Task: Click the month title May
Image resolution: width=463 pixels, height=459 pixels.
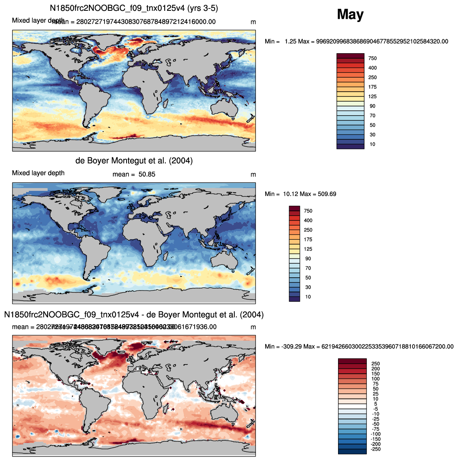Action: click(x=350, y=14)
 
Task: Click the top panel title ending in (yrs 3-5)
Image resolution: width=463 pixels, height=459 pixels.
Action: click(x=134, y=8)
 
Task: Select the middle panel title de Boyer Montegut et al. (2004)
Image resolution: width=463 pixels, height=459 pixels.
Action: click(x=134, y=161)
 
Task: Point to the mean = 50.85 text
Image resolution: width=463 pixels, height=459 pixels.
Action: click(x=134, y=174)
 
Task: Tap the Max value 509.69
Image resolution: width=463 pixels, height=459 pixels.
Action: click(x=327, y=194)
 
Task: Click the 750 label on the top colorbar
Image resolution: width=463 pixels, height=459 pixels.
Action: click(x=372, y=58)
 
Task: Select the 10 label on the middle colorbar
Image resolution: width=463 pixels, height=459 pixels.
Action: click(x=308, y=297)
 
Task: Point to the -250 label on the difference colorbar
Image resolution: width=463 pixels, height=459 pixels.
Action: click(x=375, y=449)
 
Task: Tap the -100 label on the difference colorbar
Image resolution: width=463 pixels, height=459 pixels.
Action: click(x=375, y=434)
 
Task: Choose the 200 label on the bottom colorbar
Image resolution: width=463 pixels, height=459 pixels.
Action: click(x=375, y=369)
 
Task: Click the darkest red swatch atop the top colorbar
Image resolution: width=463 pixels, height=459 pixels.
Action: click(x=350, y=56)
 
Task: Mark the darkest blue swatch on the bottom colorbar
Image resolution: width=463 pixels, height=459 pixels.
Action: click(x=352, y=451)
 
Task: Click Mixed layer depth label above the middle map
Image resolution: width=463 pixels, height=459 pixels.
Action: click(x=38, y=173)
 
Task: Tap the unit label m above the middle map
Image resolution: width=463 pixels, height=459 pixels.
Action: click(x=253, y=174)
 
